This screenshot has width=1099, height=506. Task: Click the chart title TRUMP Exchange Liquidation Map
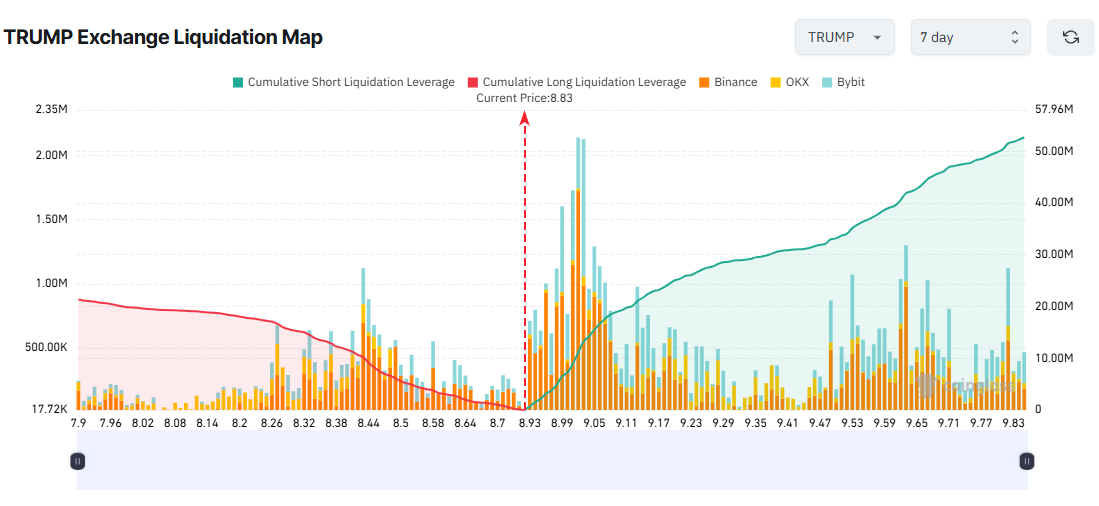163,38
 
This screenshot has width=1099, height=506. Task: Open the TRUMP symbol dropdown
844,37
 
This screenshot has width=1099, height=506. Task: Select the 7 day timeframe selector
970,37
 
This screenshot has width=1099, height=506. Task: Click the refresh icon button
1070,37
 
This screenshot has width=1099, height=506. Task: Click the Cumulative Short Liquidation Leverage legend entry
343,82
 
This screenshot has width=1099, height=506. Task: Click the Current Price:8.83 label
524,98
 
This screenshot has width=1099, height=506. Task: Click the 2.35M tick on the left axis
51,110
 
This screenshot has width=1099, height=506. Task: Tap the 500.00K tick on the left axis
44,348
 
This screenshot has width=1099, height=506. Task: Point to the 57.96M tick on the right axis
1054,110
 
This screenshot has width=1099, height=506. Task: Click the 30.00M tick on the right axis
1054,254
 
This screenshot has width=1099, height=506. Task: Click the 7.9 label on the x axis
78,424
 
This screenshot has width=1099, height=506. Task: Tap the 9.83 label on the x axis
1012,424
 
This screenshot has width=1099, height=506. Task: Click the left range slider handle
78,461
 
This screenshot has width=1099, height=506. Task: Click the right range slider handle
1026,461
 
